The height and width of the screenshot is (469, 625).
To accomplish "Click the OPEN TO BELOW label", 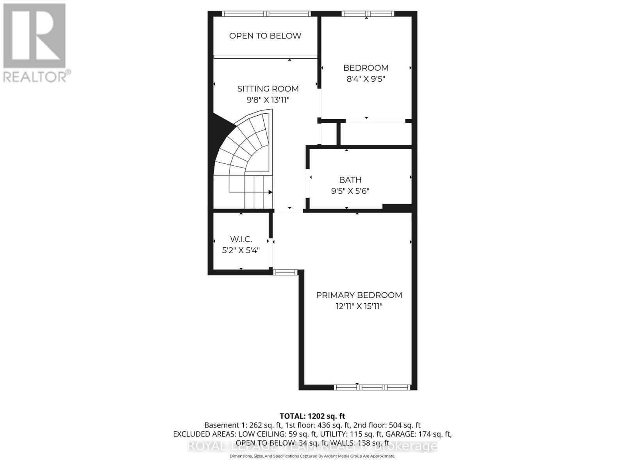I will pos(265,36).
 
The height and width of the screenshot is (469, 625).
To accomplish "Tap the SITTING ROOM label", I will pos(268,89).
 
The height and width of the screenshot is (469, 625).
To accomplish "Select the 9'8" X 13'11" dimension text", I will pos(268,100).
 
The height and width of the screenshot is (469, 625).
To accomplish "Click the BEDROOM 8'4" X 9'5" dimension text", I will pos(366,79).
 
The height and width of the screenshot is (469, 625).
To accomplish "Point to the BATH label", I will pos(350,180).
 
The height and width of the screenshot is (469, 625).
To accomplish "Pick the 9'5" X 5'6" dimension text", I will pos(350,191).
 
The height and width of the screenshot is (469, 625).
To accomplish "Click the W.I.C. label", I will pos(241,239).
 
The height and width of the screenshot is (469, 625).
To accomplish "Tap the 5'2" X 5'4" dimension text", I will pos(241,250).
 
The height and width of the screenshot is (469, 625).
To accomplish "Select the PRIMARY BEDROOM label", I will pos(359,295).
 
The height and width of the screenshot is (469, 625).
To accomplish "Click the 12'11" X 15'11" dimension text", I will pos(359,306).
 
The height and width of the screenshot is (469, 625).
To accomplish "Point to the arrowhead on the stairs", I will pos(270,192).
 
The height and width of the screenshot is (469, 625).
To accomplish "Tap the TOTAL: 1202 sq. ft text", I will pos(312,416).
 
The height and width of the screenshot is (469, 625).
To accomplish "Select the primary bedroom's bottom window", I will pos(372,387).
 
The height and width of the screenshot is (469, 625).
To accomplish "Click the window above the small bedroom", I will pos(368,14).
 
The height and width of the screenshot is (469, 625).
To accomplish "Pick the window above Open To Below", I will pos(266,14).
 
